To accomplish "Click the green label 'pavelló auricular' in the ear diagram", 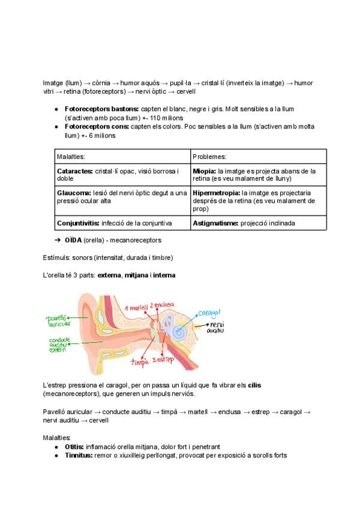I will pos(59,321).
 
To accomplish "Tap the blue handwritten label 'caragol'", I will pos(207,313).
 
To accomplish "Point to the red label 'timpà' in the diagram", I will pos(139,363).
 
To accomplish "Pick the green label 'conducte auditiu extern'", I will pos(59,345).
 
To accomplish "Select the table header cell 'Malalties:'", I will pos(71,157).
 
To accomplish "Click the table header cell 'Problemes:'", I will pos(209,157).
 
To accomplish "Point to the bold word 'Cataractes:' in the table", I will pos(74,171).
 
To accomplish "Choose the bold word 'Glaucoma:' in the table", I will pos(73,193).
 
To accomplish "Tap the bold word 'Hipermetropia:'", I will pos(216,193).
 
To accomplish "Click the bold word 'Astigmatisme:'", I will pos(215,223).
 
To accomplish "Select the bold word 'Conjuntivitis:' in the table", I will pos(78,223).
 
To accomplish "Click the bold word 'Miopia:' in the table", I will pos(204,171).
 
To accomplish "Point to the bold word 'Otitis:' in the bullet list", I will pos(74,447).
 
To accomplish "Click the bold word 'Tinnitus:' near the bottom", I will pos(78,455).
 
